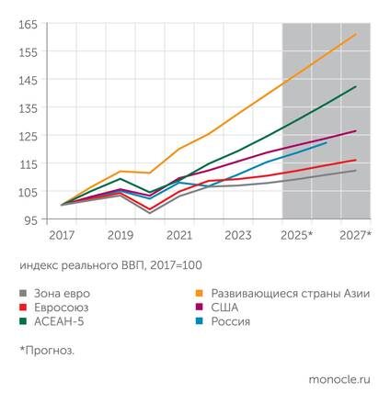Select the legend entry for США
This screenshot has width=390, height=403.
pos(231,308)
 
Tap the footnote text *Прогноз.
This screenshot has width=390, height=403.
pos(47,350)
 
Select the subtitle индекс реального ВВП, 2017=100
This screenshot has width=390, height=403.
pos(109,265)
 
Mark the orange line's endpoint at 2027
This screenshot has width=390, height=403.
pos(356,34)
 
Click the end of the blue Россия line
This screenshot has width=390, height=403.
pos(327,142)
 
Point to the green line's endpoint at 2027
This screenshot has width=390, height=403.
pos(356,86)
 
